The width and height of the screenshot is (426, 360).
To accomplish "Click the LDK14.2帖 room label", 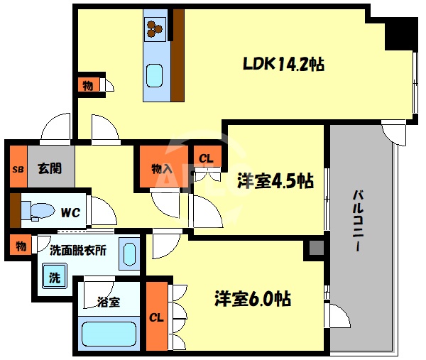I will click(x=283, y=64).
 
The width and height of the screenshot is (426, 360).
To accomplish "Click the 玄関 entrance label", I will click(x=49, y=168).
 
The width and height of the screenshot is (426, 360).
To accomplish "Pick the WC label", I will click(x=69, y=212).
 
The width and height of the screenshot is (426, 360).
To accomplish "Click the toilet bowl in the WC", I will click(x=38, y=211).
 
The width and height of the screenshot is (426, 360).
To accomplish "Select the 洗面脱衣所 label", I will click(x=78, y=249).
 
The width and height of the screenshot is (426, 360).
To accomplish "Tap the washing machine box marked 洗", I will click(x=54, y=276).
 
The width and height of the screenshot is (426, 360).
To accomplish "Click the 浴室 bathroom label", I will click(x=108, y=302).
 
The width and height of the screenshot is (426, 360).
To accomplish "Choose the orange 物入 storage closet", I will click(x=163, y=168).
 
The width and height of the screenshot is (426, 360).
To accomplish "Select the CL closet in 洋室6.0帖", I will click(x=156, y=317).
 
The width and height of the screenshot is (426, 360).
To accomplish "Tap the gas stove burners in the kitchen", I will click(x=155, y=27).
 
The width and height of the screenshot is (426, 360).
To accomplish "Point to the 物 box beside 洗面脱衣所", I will click(x=21, y=246).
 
